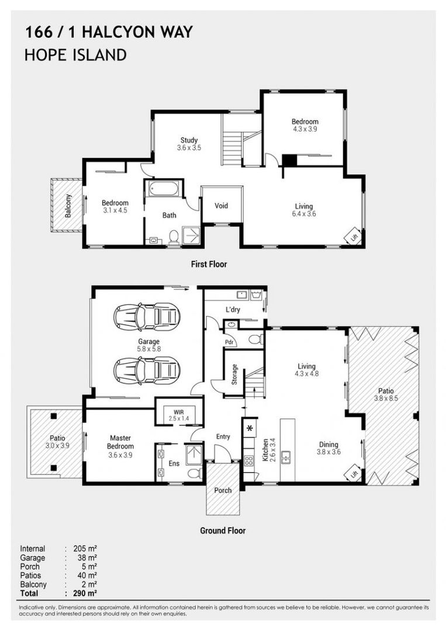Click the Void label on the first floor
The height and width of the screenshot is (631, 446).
221,206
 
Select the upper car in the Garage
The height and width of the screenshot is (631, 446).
146,317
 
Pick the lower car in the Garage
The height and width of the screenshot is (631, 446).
146,369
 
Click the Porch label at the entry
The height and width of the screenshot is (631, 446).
223,490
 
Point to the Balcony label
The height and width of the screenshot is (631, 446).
68,206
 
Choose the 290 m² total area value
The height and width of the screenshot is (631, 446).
84,593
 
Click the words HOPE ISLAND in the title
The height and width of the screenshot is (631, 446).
75,55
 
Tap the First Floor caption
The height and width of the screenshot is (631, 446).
209,264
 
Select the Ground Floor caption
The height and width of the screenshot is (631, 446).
223,531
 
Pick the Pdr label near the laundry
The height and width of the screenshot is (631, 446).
230,342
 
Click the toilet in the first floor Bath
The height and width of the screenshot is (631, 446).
174,237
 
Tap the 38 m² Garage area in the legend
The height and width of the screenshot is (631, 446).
84,558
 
